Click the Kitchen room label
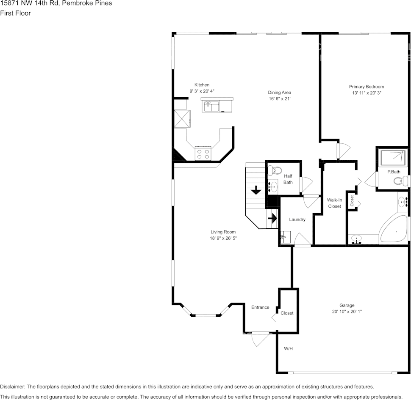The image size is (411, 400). (202, 85)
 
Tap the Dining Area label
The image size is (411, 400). (279, 93)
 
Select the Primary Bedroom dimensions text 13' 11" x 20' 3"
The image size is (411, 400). (367, 93)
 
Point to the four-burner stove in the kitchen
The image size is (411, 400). (203, 153)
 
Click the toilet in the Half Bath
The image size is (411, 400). (276, 171)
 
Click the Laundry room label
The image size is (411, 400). (297, 219)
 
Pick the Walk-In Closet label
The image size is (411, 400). (334, 203)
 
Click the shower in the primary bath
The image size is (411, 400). (392, 158)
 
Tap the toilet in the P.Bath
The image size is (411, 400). (400, 181)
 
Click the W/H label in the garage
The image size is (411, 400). (288, 349)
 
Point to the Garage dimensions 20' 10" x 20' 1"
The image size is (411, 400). (347, 312)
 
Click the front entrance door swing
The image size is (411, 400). (259, 339)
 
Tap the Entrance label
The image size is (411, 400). (260, 307)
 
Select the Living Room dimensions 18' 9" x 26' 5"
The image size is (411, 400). (223, 238)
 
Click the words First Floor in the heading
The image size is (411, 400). (16, 13)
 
